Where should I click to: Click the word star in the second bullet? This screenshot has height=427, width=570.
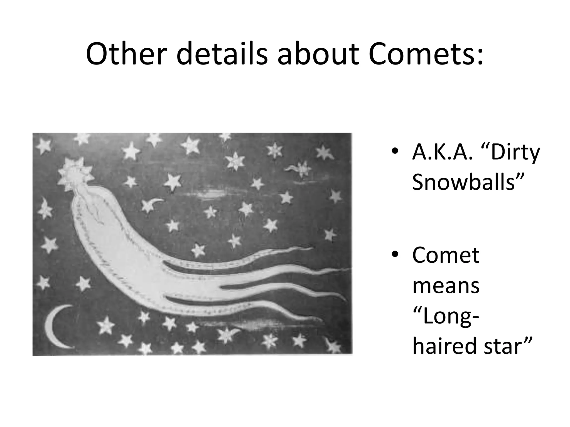click(x=507, y=346)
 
